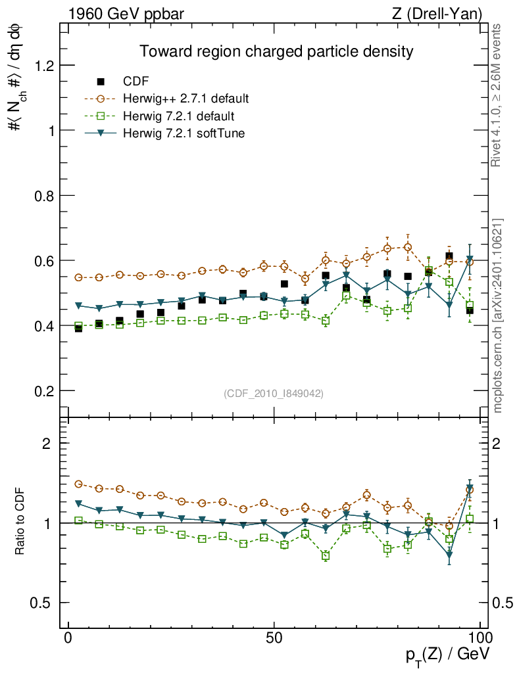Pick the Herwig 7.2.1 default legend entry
pyautogui.click(x=178, y=116)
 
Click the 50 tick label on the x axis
pyautogui.click(x=274, y=638)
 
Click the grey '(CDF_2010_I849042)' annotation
pyautogui.click(x=274, y=393)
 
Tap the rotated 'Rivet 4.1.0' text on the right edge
pyautogui.click(x=498, y=95)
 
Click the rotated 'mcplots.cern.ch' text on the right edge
pyautogui.click(x=498, y=315)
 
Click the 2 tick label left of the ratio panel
pyautogui.click(x=47, y=444)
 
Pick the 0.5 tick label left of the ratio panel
pyautogui.click(x=42, y=603)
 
